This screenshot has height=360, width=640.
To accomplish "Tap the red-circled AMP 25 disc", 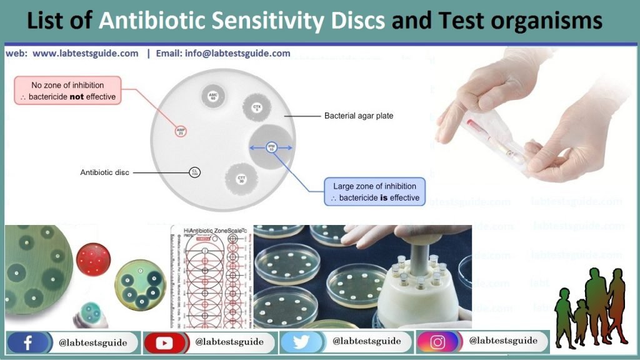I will [x=181, y=131].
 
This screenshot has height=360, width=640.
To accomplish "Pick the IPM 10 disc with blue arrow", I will [x=271, y=147].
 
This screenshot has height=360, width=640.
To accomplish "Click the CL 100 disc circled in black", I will [x=195, y=172].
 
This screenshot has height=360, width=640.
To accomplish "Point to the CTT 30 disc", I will [x=241, y=179].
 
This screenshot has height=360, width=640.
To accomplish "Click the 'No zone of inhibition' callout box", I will [x=67, y=91].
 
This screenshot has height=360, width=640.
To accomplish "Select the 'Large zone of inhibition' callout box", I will [x=374, y=192].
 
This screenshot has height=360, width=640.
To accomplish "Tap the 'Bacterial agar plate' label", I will [x=359, y=116].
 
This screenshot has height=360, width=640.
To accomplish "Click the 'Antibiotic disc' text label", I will [x=104, y=172].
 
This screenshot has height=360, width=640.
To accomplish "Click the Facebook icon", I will [x=27, y=342].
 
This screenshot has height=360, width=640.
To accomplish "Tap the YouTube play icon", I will [x=165, y=342].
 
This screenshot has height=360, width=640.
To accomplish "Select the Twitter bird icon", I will [x=301, y=342].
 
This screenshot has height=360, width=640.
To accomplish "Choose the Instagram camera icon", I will [x=437, y=342].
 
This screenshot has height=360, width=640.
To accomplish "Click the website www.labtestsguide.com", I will [x=85, y=54].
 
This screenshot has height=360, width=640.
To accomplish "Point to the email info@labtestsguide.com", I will [x=237, y=54].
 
